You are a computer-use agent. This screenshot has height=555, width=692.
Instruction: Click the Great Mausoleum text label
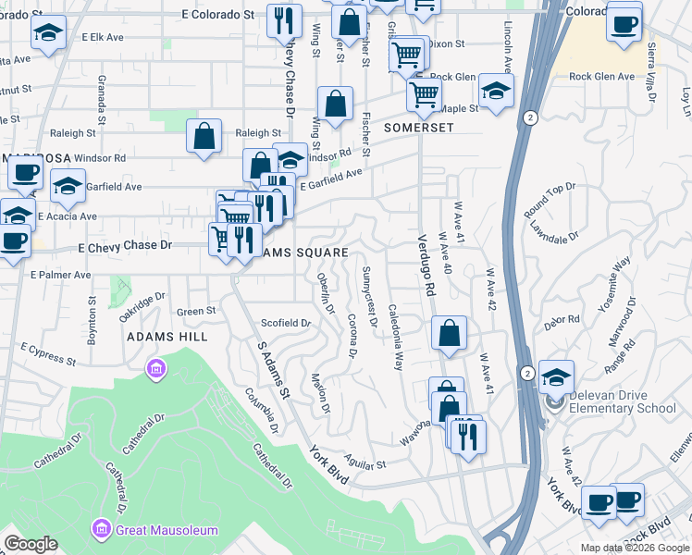point(167,530)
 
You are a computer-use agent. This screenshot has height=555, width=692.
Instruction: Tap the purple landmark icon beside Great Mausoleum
point(101,530)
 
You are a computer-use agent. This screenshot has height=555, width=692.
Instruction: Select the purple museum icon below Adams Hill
point(155,370)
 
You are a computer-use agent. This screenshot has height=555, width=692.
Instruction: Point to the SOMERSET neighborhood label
point(419,127)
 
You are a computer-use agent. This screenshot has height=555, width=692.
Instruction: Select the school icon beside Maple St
point(496,91)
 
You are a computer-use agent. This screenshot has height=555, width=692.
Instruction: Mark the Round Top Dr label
point(549,199)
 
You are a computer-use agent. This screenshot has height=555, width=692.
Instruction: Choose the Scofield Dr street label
point(285,323)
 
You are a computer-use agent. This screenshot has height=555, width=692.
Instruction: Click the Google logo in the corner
point(31,544)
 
